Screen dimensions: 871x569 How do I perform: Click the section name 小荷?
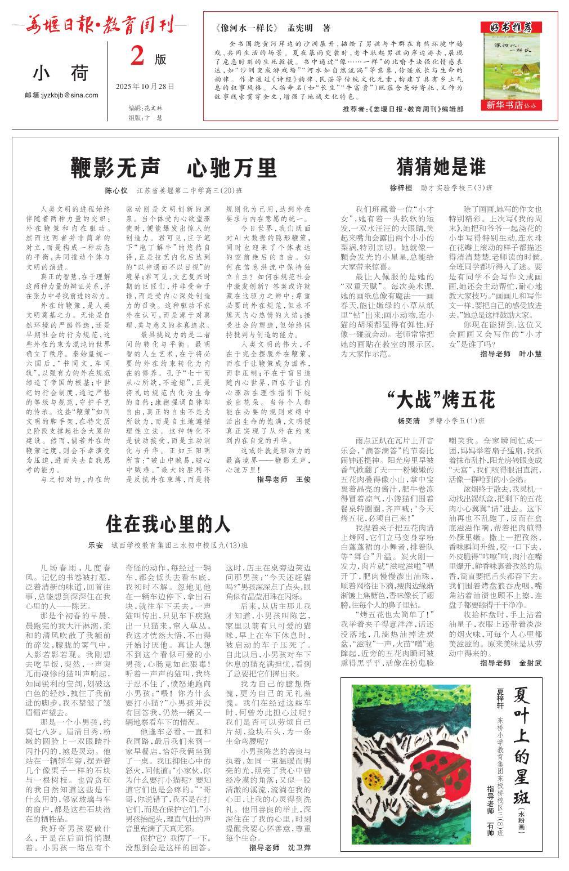pos(61,73)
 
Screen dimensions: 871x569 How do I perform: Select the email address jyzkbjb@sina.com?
pos(61,95)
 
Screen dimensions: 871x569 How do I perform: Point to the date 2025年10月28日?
pos(145,87)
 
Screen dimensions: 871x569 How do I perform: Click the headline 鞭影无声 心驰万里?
pos(174,167)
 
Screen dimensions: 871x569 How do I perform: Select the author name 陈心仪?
pos(117,190)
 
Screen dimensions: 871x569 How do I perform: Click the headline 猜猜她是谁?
pos(441,167)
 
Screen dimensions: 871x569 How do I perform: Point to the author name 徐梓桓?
pos(401,187)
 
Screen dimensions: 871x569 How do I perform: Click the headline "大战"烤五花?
pos(441,400)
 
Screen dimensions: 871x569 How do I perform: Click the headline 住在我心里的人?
pos(168,524)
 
